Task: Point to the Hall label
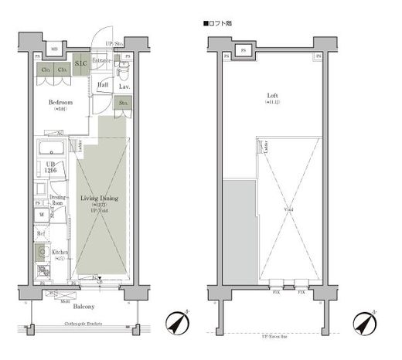tap(103, 84)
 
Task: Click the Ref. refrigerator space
tap(41, 233)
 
